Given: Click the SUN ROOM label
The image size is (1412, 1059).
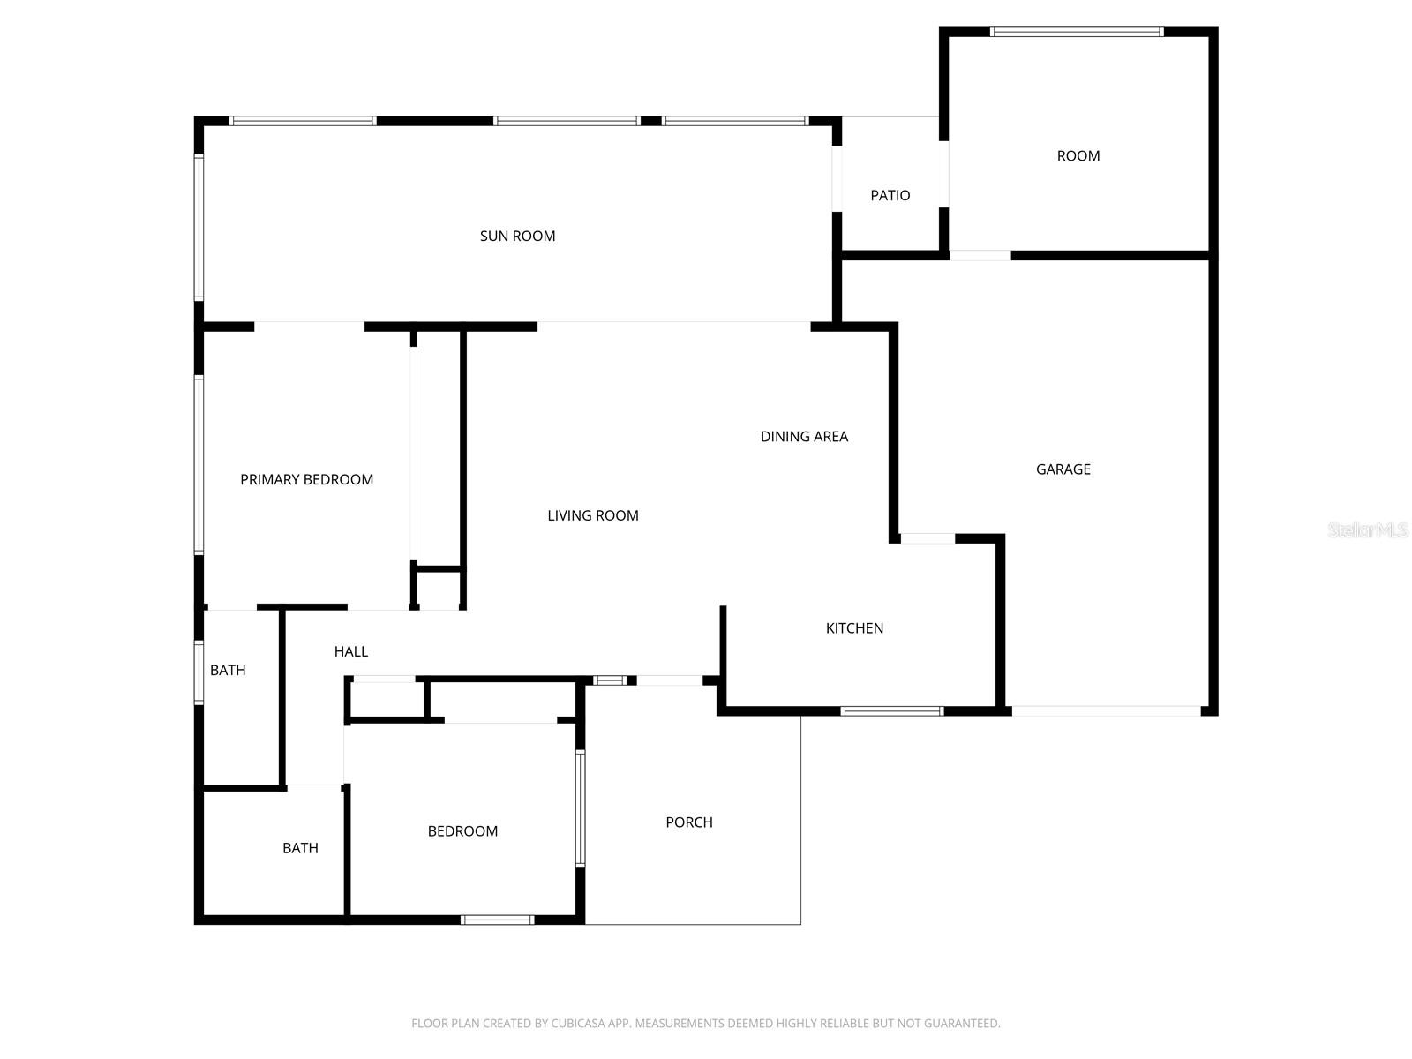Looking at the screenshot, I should coord(517,236).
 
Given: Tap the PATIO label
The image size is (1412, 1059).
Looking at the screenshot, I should coord(890,195).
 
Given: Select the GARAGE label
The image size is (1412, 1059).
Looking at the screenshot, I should coord(1063,469).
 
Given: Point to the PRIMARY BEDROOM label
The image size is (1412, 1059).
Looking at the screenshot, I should coord(306,479).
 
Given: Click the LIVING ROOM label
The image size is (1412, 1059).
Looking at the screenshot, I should coord(592,515).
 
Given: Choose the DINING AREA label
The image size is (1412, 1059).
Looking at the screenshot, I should coord(804,436).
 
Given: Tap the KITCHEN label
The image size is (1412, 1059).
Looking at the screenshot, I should coord(854,628).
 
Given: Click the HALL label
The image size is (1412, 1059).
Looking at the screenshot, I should coord(350,651).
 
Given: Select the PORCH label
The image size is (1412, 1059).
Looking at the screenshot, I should coord(688,822).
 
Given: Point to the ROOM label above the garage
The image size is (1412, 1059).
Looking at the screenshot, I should coord(1078,156).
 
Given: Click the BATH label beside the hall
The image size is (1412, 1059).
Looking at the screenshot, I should coord(228,671).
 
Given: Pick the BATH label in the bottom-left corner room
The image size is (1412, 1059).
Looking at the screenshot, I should coord(300,848).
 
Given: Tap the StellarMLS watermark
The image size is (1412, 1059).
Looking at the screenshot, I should coord(1368,530).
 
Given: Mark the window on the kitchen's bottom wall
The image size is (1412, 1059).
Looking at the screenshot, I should coord(892,710).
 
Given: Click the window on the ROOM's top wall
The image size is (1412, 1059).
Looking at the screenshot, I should coord(1077,33).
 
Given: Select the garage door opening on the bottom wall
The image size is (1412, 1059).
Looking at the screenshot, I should coord(1106,710).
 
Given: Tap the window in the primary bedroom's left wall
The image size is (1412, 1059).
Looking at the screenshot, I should coord(199,464).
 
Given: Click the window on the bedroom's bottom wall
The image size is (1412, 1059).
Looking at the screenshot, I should coord(497,920).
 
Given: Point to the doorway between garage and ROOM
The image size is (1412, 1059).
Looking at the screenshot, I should coord(980,256).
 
